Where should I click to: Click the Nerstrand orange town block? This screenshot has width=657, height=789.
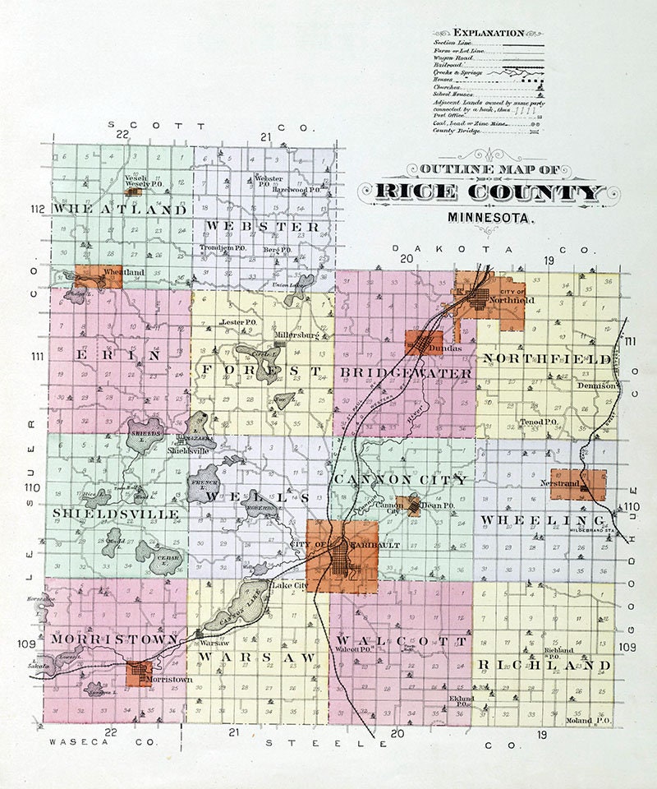click(x=578, y=485)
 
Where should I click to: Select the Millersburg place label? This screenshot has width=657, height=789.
click(x=297, y=336)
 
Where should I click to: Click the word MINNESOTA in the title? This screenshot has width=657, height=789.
click(x=491, y=219)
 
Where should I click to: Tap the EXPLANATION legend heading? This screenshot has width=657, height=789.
click(x=489, y=33)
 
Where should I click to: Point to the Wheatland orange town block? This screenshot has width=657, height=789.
click(x=99, y=276)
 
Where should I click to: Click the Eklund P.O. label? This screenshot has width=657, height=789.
click(x=460, y=701)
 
